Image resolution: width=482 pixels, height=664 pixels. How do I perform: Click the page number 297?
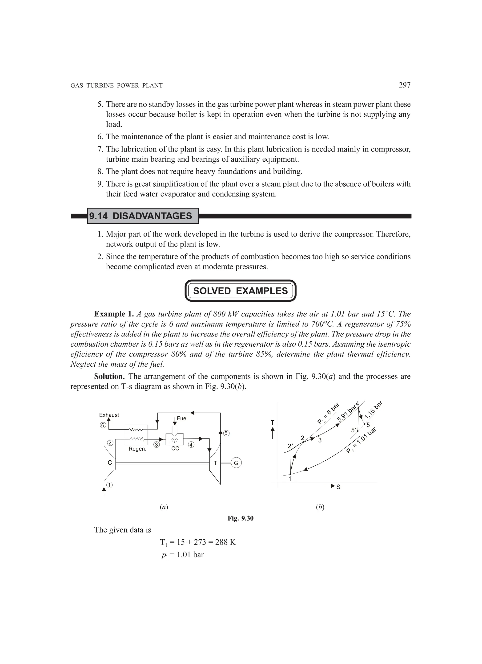[405, 85]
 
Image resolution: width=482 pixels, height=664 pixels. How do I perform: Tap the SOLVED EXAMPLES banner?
[241, 291]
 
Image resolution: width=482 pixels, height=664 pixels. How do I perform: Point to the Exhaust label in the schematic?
[109, 415]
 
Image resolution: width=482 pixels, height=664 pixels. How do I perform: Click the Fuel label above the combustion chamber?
[182, 418]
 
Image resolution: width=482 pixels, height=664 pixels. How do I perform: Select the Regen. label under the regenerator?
[137, 449]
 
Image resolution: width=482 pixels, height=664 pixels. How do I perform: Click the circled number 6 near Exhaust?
[103, 425]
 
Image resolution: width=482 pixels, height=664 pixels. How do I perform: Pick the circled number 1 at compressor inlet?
[109, 485]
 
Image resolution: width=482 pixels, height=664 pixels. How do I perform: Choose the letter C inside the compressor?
[110, 463]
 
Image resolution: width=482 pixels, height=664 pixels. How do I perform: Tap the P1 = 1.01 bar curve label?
[361, 440]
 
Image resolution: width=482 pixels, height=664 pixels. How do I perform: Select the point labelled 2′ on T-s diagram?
[290, 446]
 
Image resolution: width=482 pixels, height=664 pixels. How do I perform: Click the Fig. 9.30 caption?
[241, 518]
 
